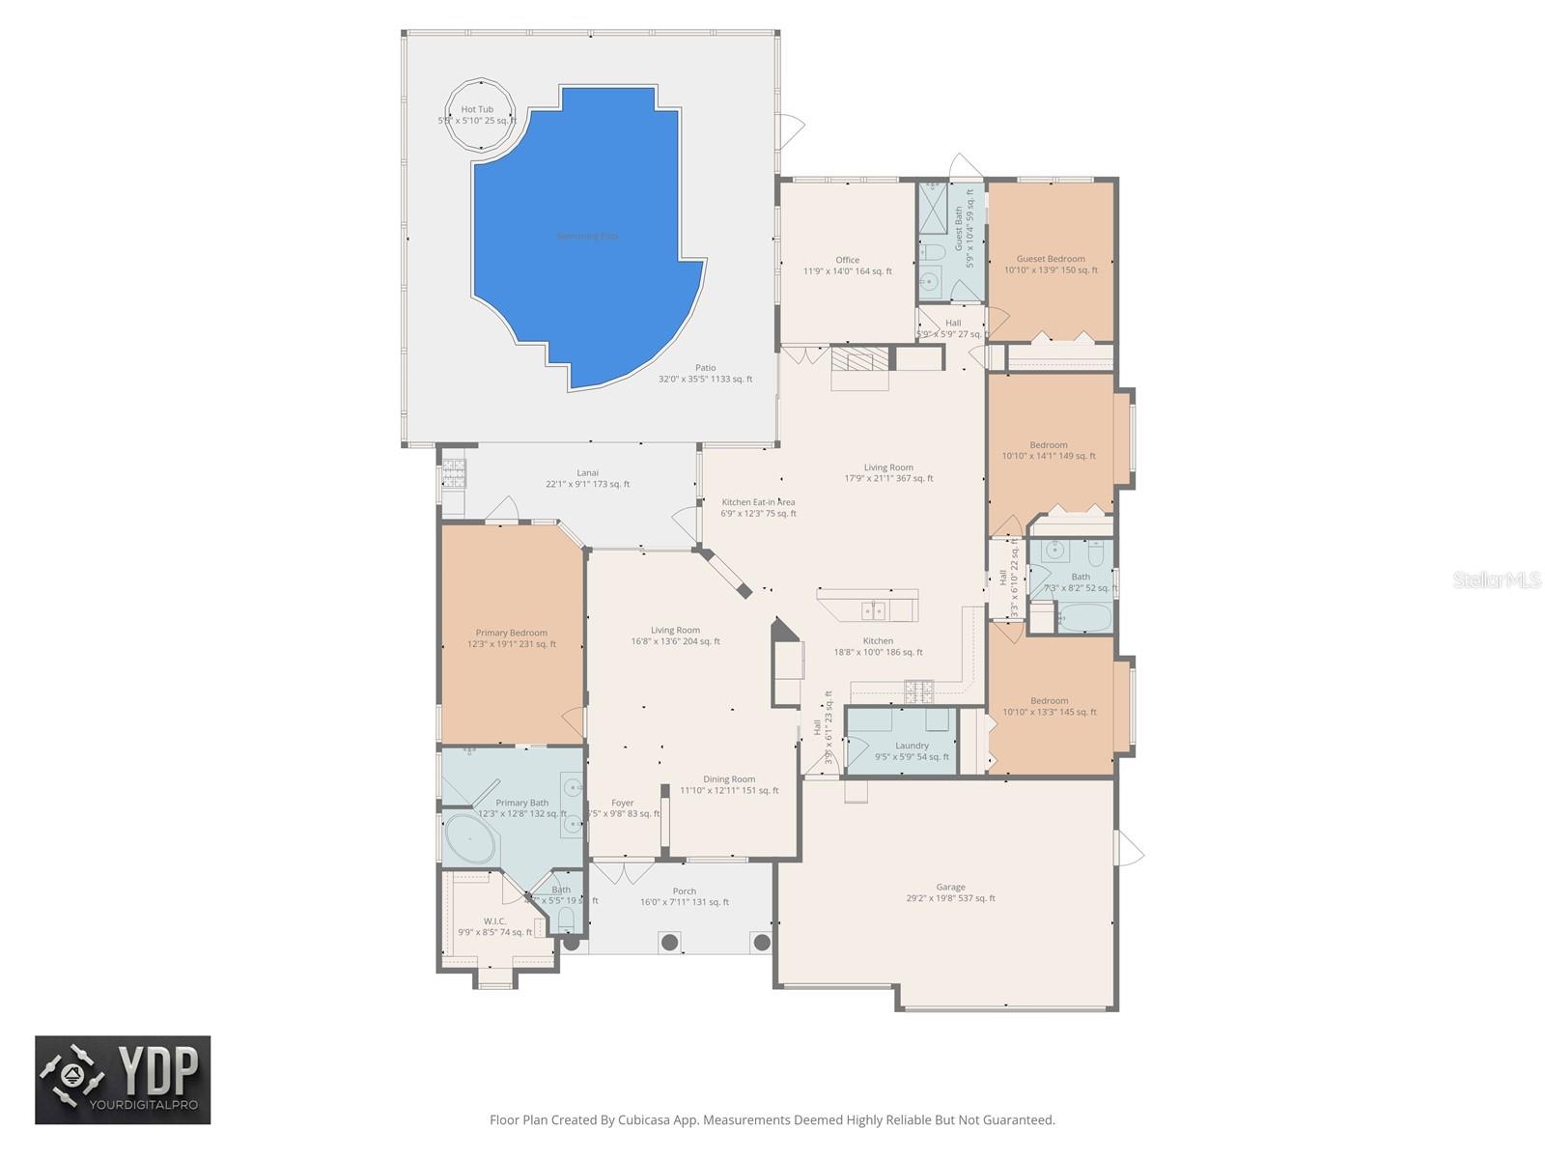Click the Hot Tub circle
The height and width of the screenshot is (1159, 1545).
point(479,114)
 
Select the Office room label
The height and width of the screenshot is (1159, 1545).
point(847,260)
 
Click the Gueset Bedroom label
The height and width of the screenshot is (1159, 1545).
point(1051,259)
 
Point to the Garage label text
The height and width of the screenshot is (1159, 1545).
point(950,887)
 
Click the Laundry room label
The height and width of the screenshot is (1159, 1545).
point(912,745)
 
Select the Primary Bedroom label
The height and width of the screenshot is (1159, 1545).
point(511,633)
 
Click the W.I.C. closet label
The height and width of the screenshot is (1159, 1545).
point(494,920)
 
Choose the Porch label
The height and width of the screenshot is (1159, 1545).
point(684,891)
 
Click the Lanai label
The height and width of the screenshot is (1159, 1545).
point(587,472)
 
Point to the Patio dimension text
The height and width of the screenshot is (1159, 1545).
point(705,380)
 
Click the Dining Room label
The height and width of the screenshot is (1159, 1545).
point(729,778)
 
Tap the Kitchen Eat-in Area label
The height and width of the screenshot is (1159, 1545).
point(758,502)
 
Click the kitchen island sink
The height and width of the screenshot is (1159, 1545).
point(873,610)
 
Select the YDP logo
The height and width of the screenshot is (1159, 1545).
point(123,1080)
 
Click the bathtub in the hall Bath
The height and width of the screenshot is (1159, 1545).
point(1084,616)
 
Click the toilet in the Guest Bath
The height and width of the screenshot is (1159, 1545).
point(931,253)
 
